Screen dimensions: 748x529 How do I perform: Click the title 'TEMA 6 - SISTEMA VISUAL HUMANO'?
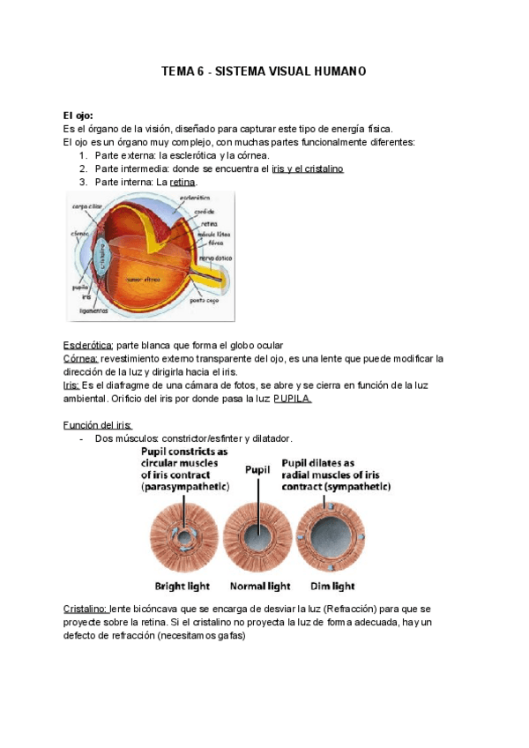pos(264,71)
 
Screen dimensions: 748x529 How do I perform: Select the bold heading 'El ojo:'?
pos(78,116)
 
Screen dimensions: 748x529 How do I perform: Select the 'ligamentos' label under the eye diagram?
pos(92,310)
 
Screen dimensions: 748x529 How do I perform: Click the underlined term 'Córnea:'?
pos(81,359)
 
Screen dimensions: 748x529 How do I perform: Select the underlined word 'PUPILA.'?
pos(292,398)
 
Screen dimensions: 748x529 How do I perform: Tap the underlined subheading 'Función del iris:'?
pos(98,424)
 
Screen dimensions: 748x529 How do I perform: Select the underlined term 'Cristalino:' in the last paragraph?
pos(86,609)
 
